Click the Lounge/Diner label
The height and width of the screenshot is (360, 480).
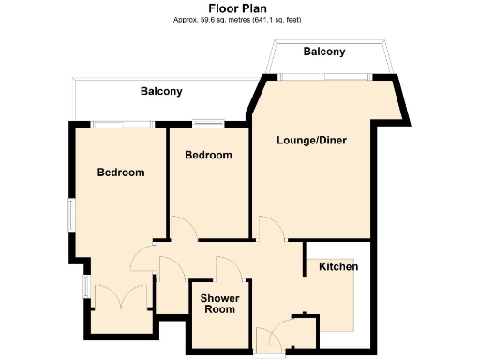click(311, 141)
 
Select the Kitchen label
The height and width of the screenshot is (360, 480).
click(338, 267)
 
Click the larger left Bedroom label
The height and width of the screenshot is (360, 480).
click(121, 172)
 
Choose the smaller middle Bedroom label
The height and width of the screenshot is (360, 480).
click(207, 155)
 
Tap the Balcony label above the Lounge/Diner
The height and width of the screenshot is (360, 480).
click(324, 52)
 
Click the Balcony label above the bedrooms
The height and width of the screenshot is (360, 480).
click(161, 92)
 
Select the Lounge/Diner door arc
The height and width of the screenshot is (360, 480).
click(270, 228)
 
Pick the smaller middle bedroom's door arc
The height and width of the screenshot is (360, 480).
click(184, 228)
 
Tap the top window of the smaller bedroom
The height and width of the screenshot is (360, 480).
click(208, 123)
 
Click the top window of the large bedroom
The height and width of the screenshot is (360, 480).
click(123, 123)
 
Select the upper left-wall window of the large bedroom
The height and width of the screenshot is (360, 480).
click(70, 212)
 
